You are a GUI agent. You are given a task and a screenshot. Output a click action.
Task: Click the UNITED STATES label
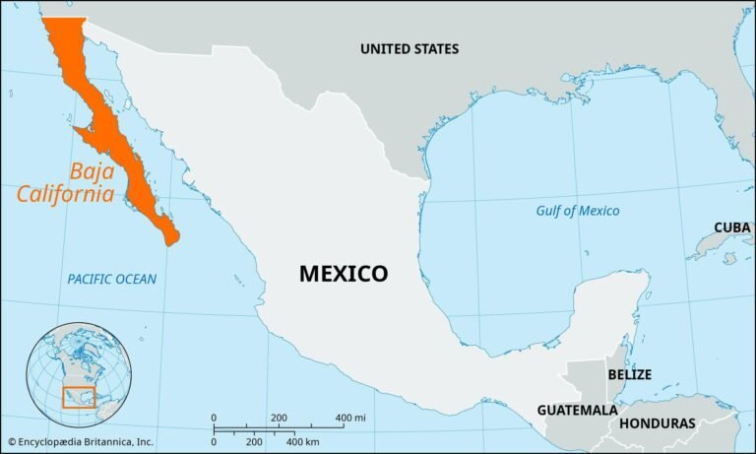[x=409, y=48]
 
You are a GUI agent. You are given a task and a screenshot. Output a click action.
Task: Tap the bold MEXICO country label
[x=344, y=274]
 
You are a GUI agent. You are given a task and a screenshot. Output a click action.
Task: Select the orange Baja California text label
[x=65, y=181]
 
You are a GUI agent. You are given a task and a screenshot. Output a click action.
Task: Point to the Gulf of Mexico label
[x=578, y=211]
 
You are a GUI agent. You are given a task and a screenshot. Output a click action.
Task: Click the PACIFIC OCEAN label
[x=111, y=280]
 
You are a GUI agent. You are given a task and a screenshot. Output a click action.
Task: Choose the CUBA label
[x=732, y=227]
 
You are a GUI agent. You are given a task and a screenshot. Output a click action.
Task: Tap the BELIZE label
[x=629, y=375]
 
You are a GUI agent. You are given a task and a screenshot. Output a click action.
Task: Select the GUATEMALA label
[x=577, y=410]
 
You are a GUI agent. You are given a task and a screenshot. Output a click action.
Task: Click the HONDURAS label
[x=658, y=423]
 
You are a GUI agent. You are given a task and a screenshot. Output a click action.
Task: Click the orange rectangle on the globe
[x=78, y=397]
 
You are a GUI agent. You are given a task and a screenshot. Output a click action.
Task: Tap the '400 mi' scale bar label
[x=350, y=419]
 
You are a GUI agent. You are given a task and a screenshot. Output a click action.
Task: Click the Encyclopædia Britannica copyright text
[x=81, y=442]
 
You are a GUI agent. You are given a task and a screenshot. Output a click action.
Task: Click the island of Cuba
[x=724, y=242]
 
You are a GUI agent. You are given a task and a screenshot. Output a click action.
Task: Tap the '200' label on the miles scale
[x=279, y=419]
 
